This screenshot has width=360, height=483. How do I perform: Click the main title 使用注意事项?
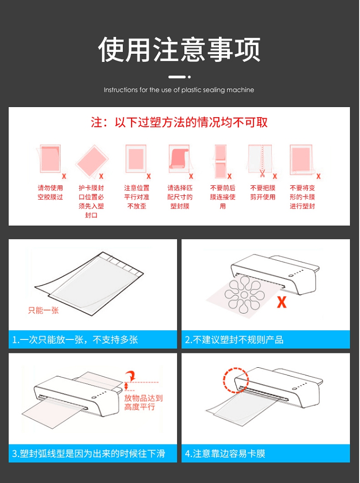179,49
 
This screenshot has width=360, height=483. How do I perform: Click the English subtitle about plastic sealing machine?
179,90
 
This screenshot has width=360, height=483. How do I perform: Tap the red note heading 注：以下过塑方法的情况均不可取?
179,122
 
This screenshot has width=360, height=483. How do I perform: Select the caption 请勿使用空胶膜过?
50,193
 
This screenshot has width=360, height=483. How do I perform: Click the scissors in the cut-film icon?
262,173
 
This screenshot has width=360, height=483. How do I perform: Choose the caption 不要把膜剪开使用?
263,193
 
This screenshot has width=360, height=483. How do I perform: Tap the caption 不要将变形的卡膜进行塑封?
302,197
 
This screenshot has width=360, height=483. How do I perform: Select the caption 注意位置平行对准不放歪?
137,197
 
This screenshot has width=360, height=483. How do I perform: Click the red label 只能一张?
43,310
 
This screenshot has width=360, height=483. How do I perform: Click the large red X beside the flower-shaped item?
281,302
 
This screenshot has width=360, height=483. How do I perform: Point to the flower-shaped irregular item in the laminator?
244,294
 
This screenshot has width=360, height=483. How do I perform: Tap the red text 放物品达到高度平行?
143,403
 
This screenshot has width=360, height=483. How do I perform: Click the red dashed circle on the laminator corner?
236,380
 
